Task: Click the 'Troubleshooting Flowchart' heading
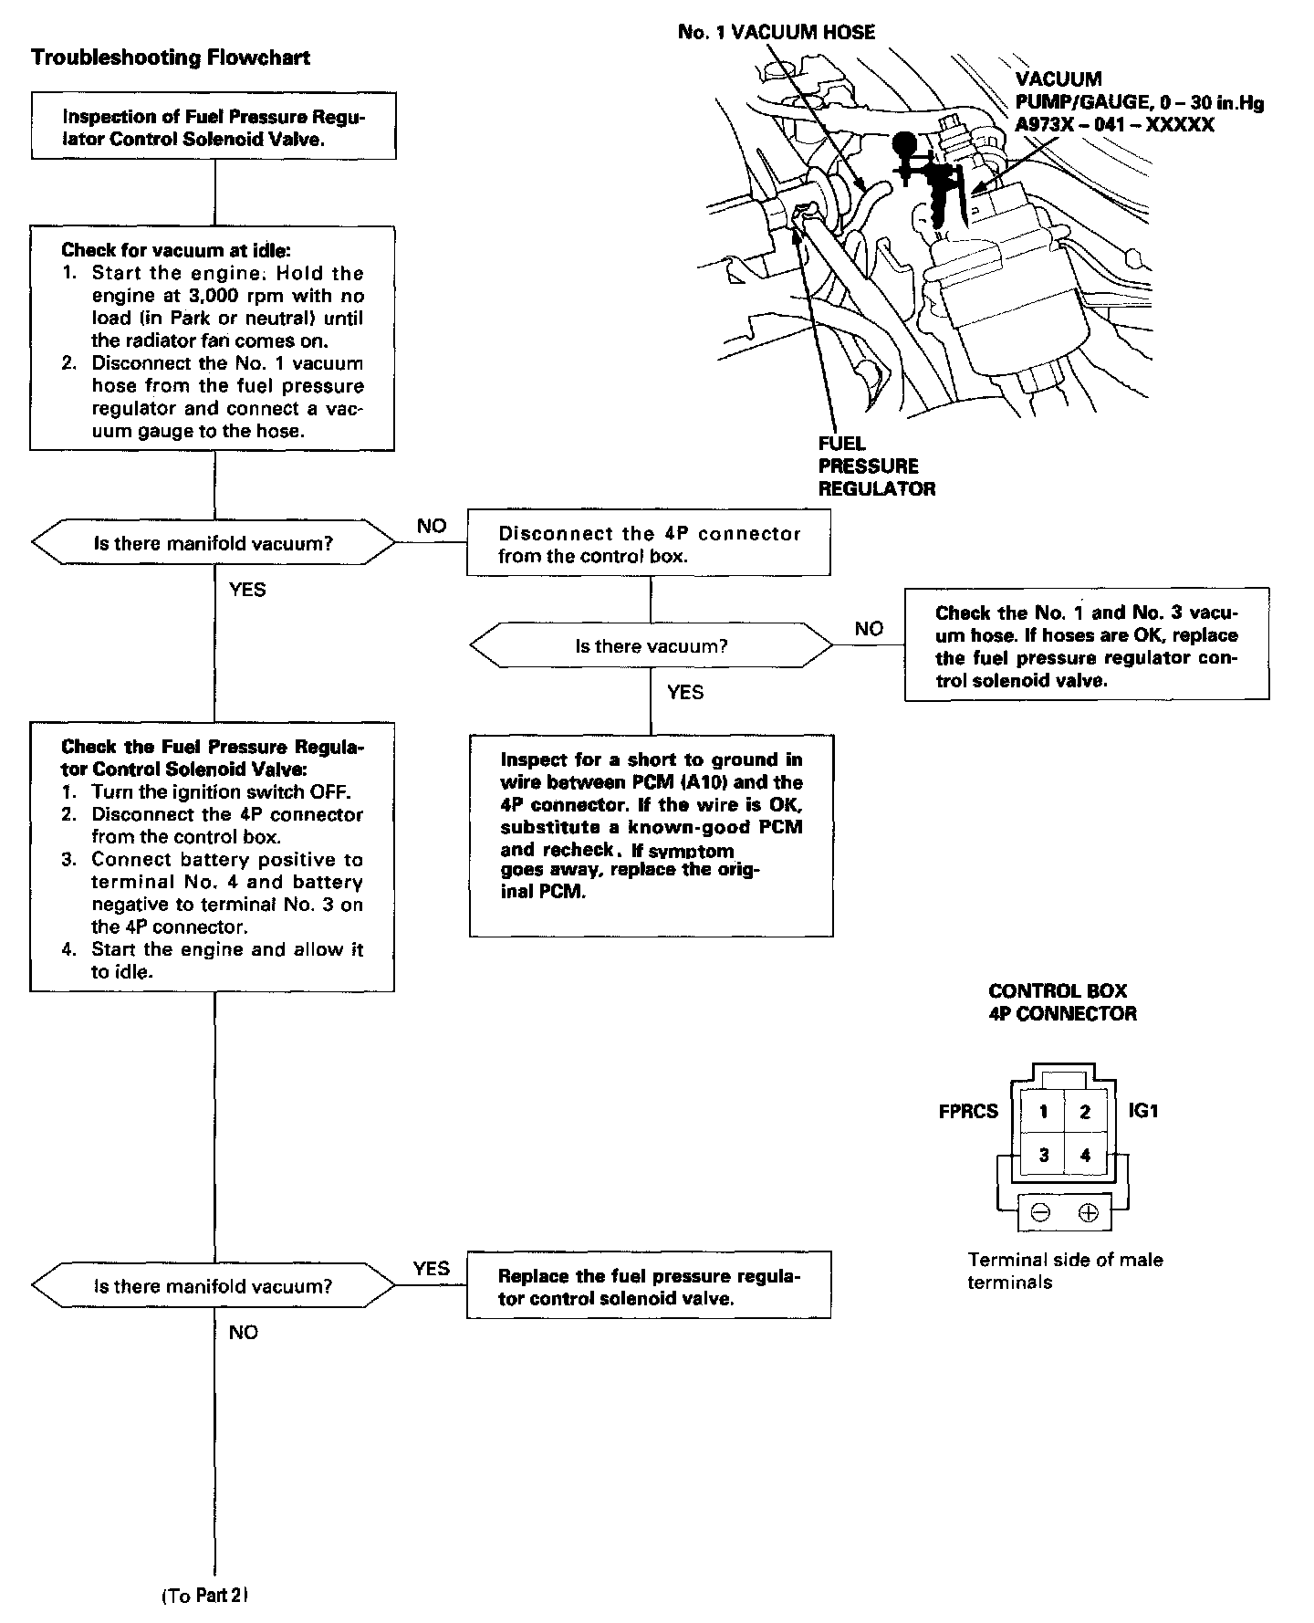tap(171, 58)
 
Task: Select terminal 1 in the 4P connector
tap(1043, 1111)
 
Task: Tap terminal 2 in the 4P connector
tap(1085, 1111)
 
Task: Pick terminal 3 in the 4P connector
tap(1043, 1155)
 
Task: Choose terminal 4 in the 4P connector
tap(1085, 1155)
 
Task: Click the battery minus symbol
tap(1041, 1213)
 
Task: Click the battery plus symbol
tap(1088, 1213)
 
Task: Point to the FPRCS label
tap(968, 1112)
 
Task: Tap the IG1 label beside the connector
tap(1143, 1111)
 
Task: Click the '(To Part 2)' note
tap(205, 1596)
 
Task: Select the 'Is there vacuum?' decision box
tap(651, 646)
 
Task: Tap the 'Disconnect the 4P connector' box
tap(649, 545)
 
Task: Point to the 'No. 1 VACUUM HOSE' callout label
tap(777, 33)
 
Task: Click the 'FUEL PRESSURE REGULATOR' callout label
tap(876, 466)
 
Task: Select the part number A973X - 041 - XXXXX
tap(1114, 125)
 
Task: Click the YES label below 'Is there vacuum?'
tap(685, 693)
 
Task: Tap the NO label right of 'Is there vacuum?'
tap(869, 629)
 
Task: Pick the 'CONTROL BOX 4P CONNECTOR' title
tap(1062, 1002)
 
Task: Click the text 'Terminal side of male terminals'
tap(1065, 1271)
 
